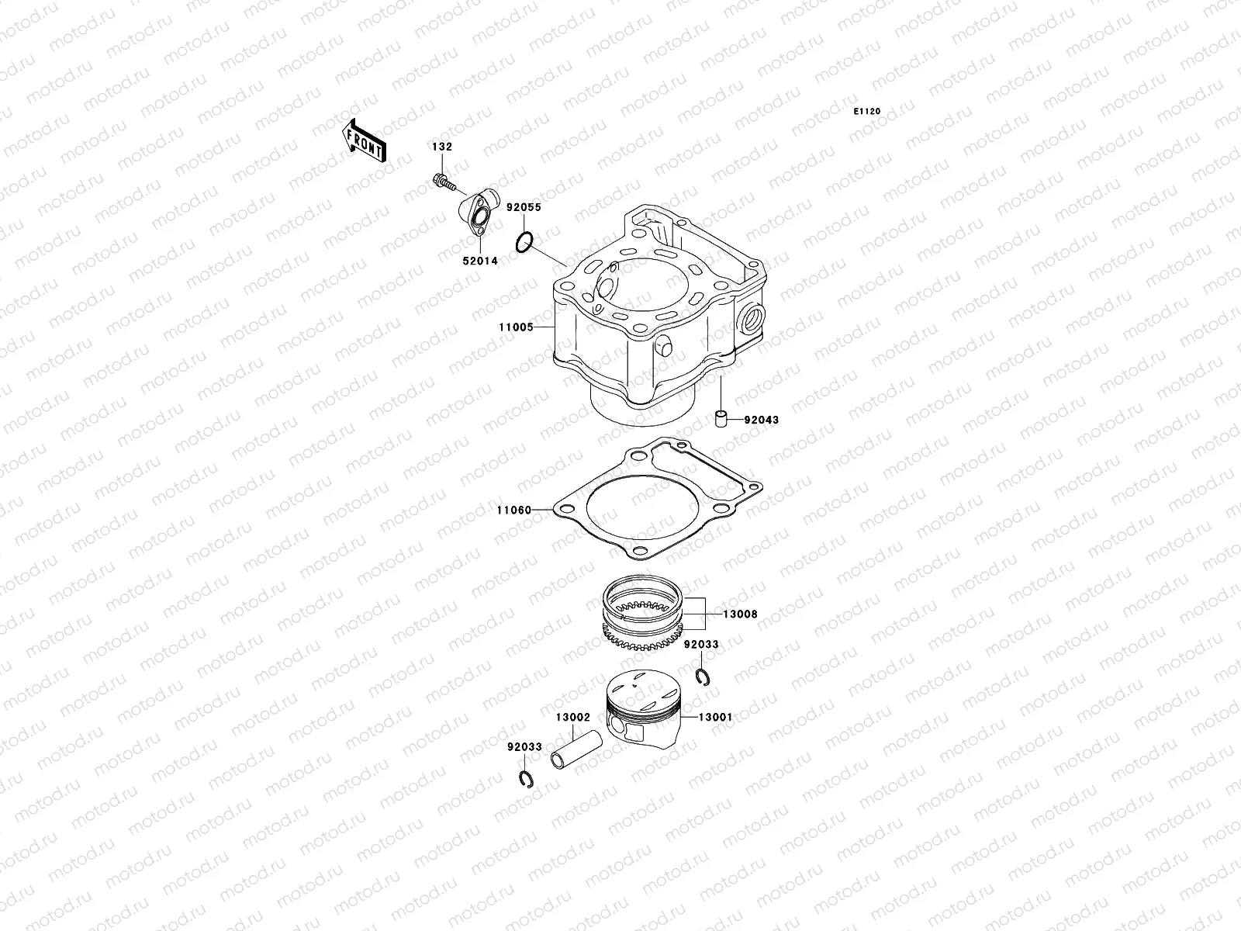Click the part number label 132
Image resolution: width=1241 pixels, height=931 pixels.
tap(442, 147)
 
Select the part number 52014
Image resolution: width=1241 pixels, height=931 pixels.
tap(481, 261)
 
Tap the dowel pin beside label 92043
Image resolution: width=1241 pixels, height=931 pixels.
tap(721, 420)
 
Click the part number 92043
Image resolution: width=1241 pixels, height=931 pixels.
tap(761, 420)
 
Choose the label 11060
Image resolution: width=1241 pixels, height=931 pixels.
tap(514, 510)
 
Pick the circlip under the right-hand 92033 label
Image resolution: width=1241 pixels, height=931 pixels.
tap(706, 678)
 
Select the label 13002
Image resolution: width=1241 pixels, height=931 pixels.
tap(572, 718)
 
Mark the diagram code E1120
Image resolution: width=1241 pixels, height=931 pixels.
tap(867, 112)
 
